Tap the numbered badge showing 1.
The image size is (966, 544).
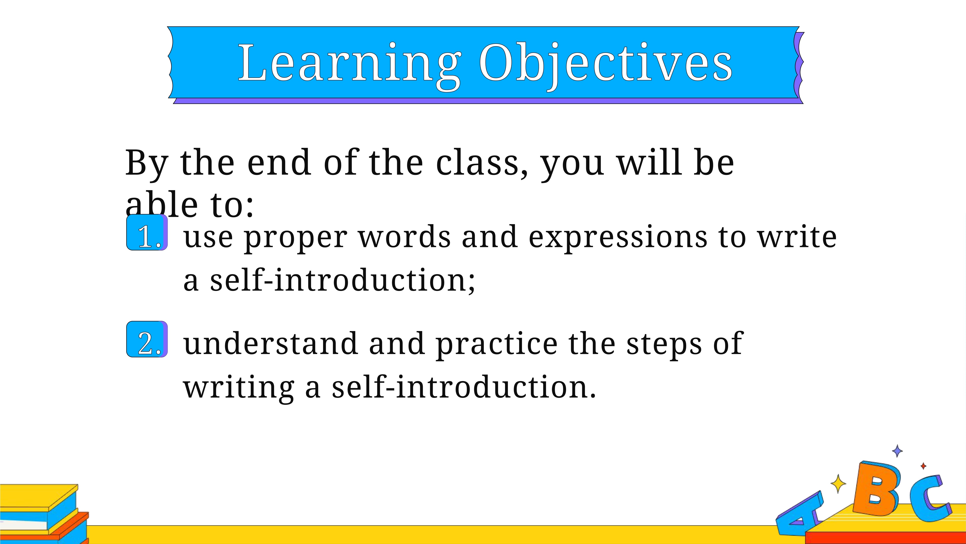[147, 232]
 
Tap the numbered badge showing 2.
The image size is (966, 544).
[147, 339]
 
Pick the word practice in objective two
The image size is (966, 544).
[497, 345]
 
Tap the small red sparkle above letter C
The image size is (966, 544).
[923, 466]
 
